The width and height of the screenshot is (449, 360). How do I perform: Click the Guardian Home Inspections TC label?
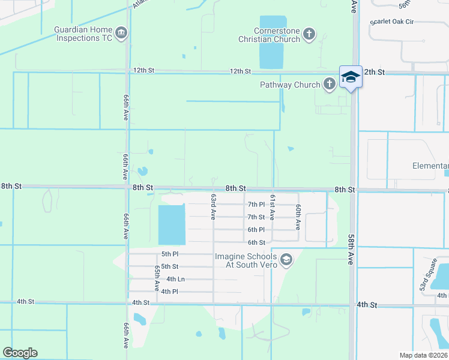83,34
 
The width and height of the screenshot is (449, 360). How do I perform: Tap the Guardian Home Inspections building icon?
122,32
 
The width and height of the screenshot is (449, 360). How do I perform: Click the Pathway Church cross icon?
330,85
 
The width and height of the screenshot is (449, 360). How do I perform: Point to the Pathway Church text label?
290,85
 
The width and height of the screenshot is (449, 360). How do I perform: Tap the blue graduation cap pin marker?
351,77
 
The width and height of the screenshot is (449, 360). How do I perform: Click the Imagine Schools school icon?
286,260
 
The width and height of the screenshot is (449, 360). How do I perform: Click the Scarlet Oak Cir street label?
393,22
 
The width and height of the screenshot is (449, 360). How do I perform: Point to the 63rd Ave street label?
213,206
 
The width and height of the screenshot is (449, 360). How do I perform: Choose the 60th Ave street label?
297,217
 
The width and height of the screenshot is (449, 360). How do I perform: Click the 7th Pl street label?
256,205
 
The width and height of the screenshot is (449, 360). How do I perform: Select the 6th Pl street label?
256,230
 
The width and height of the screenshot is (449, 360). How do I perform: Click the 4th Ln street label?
175,279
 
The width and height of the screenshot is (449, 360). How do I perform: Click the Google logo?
20,353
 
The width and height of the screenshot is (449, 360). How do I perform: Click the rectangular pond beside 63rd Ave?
172,224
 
